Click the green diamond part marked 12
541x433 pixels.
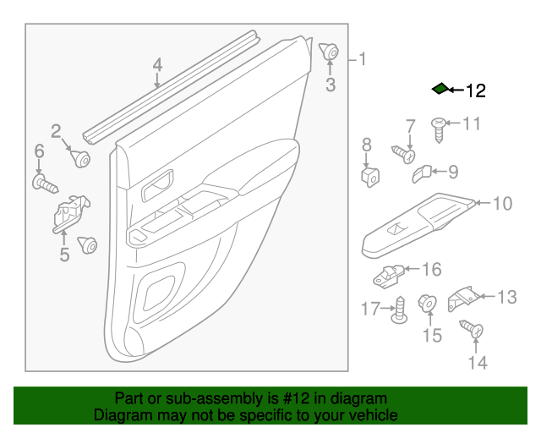pyautogui.click(x=440, y=89)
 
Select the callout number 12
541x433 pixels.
pyautogui.click(x=475, y=90)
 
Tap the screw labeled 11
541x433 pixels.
pyautogui.click(x=440, y=126)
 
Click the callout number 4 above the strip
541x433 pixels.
pyautogui.click(x=157, y=65)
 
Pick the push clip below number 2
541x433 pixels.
pyautogui.click(x=81, y=158)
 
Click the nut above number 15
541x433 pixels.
pyautogui.click(x=429, y=302)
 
